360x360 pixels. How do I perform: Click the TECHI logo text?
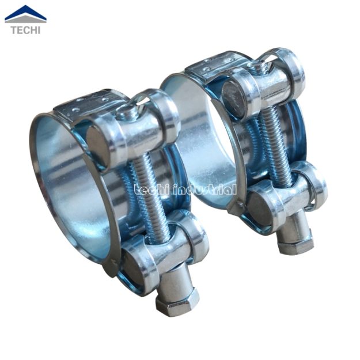click(x=26, y=30)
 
